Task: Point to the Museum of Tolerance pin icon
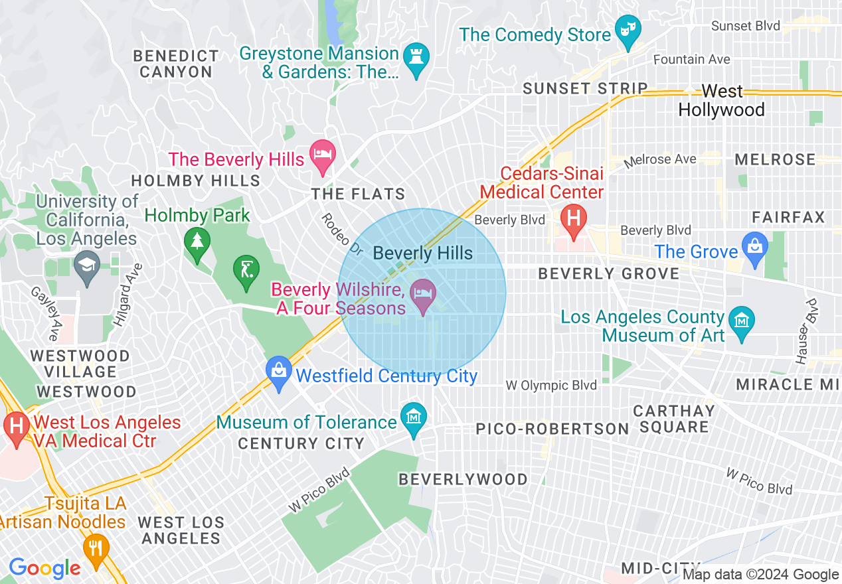pyautogui.click(x=414, y=419)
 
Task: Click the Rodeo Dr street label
pyautogui.click(x=343, y=235)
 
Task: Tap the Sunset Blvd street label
pyautogui.click(x=740, y=26)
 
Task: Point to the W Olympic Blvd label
pyautogui.click(x=550, y=385)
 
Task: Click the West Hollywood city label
pyautogui.click(x=722, y=100)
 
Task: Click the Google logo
pyautogui.click(x=44, y=567)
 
